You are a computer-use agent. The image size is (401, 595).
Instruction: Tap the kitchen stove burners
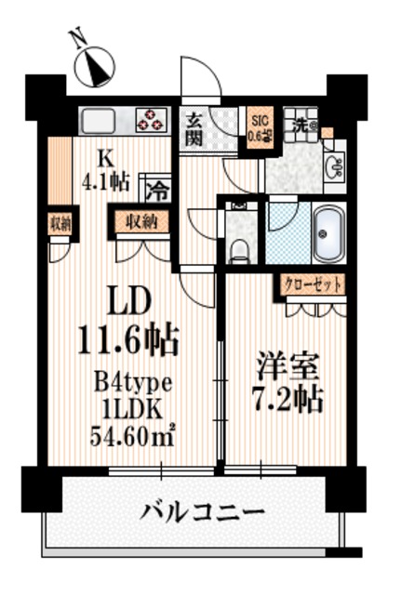[x=149, y=120]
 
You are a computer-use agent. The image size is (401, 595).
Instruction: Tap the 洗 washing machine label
[x=302, y=121]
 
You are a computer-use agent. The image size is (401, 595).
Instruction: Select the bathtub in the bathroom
[x=327, y=234]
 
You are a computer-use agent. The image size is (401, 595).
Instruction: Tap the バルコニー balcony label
[x=203, y=510]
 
